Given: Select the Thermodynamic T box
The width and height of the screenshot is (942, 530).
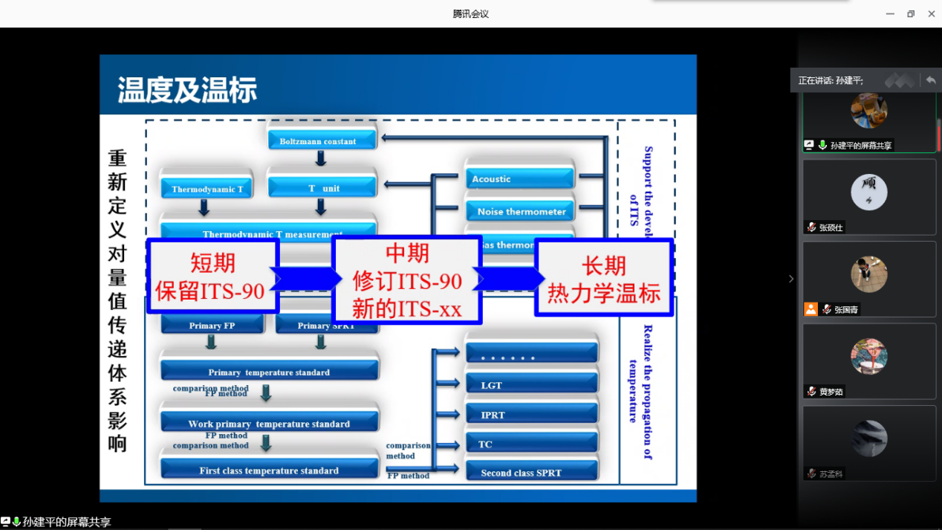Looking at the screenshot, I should pos(207,188).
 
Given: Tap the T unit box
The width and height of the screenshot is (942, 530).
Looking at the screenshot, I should pos(322,187).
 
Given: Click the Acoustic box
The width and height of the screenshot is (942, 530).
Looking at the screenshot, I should pos(520,178).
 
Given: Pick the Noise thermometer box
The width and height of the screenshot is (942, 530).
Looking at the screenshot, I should pos(520,211).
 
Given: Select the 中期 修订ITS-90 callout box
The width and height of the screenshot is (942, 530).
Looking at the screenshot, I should pos(407,280).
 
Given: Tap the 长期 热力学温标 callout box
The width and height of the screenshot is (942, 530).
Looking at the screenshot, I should pos(603,278).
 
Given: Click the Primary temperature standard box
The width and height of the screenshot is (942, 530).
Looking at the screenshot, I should pos(269,371).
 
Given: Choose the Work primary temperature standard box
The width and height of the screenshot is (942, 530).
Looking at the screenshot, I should pos(269,422).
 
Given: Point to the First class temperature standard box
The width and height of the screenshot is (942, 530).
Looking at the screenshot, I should pos(269,469).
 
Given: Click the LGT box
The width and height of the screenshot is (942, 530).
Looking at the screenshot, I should pos(531,384).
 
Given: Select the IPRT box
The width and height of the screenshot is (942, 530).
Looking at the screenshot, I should pos(531,414).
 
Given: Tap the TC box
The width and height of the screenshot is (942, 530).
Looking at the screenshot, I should pos(531,443).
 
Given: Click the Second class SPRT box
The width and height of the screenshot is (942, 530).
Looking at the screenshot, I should pos(531,472).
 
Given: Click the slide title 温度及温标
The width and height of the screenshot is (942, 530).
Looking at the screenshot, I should pos(187,91).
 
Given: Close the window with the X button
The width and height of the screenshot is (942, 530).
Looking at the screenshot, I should pos(931,13).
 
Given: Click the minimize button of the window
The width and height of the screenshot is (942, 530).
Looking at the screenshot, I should pos(890,13).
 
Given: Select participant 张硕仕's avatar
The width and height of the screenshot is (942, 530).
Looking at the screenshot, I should pos(868,193).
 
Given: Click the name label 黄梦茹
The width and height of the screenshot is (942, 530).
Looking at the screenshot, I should pos(831,392).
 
